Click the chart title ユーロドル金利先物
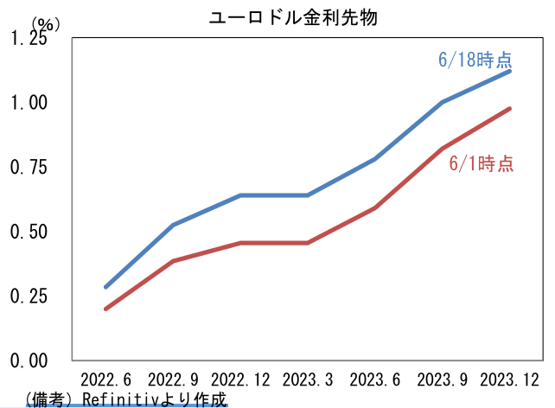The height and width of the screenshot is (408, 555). [295, 17]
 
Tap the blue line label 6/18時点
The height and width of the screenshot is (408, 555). [475, 60]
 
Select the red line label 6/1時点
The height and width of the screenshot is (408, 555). [482, 163]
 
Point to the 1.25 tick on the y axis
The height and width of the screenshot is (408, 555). [29, 39]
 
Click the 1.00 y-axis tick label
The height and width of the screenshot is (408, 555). [29, 103]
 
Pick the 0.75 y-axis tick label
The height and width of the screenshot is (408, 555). [29, 168]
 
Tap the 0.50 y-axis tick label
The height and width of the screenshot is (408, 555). [29, 232]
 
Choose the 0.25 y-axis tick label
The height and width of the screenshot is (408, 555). [29, 296]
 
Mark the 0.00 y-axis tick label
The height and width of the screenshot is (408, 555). [29, 360]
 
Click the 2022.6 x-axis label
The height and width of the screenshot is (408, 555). [105, 379]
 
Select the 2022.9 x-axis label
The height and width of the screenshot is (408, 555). [174, 379]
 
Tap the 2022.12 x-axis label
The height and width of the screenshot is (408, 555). [240, 379]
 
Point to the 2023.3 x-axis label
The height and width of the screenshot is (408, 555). [307, 379]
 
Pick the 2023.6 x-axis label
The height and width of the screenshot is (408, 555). [374, 379]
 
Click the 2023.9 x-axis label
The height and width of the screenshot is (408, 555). [442, 379]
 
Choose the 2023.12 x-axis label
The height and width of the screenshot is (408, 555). [509, 379]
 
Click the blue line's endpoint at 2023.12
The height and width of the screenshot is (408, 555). [509, 71]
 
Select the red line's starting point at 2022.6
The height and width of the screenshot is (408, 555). [106, 309]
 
